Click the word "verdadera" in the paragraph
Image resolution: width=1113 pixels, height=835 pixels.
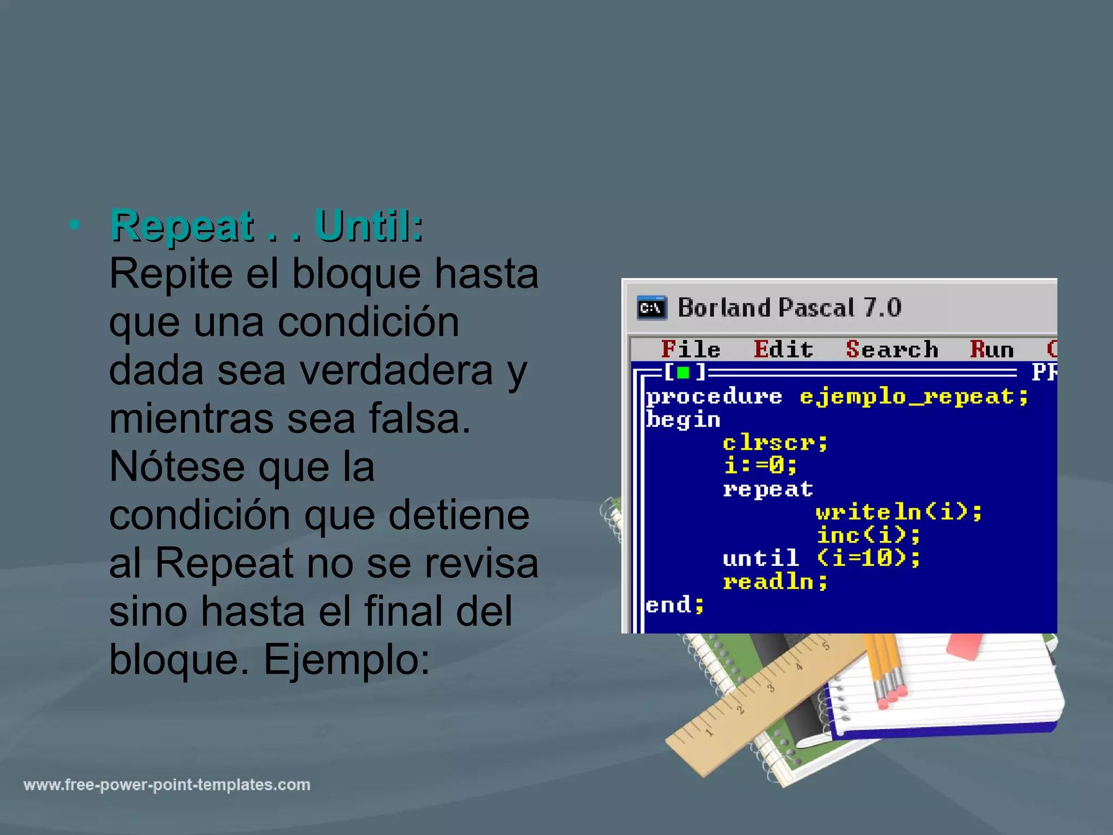pos(396,370)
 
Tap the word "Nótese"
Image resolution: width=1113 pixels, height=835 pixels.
pos(177,467)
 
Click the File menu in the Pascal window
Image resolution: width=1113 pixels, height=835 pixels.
pos(690,350)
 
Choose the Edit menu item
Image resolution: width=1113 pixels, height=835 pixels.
pos(783,350)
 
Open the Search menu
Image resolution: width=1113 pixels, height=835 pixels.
pos(892,350)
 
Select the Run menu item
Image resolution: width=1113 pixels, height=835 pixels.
pos(992,350)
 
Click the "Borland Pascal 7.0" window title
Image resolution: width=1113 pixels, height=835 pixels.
pos(789,308)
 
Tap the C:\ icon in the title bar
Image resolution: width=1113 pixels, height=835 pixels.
pos(652,308)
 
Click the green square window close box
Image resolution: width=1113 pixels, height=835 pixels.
pos(683,373)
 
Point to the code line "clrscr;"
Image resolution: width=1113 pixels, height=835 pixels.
pos(775,443)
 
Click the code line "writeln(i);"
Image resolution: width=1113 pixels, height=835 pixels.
pos(899,512)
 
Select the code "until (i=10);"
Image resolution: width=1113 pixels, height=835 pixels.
pos(821,558)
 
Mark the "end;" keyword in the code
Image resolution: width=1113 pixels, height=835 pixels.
pos(674,605)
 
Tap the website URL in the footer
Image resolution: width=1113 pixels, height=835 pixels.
pos(167,785)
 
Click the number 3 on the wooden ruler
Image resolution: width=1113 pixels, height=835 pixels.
pos(771,689)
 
